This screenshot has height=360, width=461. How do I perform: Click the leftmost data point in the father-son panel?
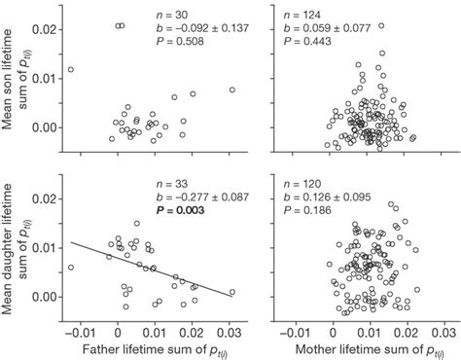point(70,70)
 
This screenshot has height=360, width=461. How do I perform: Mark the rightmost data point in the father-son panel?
point(231,90)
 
